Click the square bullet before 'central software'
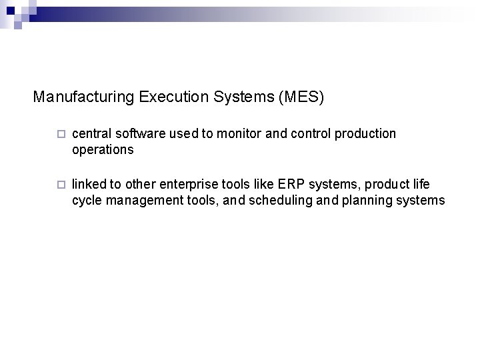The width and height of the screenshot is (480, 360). (x=61, y=135)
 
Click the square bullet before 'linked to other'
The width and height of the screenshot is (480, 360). (x=61, y=183)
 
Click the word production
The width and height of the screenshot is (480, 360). (x=365, y=134)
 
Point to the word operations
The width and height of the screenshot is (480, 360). (x=103, y=150)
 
